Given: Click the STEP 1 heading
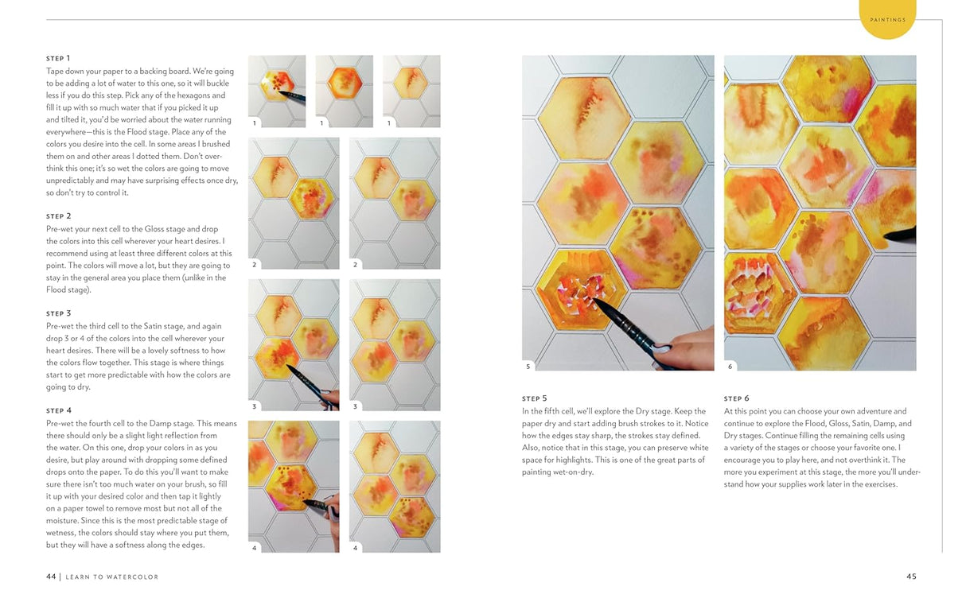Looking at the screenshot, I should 58,58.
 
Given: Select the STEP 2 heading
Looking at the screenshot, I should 58,216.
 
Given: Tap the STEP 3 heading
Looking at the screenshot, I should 58,313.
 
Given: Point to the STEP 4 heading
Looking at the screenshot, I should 58,411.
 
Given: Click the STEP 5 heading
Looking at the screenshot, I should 534,398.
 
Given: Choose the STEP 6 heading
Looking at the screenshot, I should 736,398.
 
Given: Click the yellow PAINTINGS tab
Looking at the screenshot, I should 887,20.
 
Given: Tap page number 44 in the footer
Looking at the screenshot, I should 51,577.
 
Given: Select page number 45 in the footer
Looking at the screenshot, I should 911,577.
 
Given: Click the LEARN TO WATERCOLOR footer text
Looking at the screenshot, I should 111,577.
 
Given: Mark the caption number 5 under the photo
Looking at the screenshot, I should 528,366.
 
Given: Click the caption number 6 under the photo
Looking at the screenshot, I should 730,366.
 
